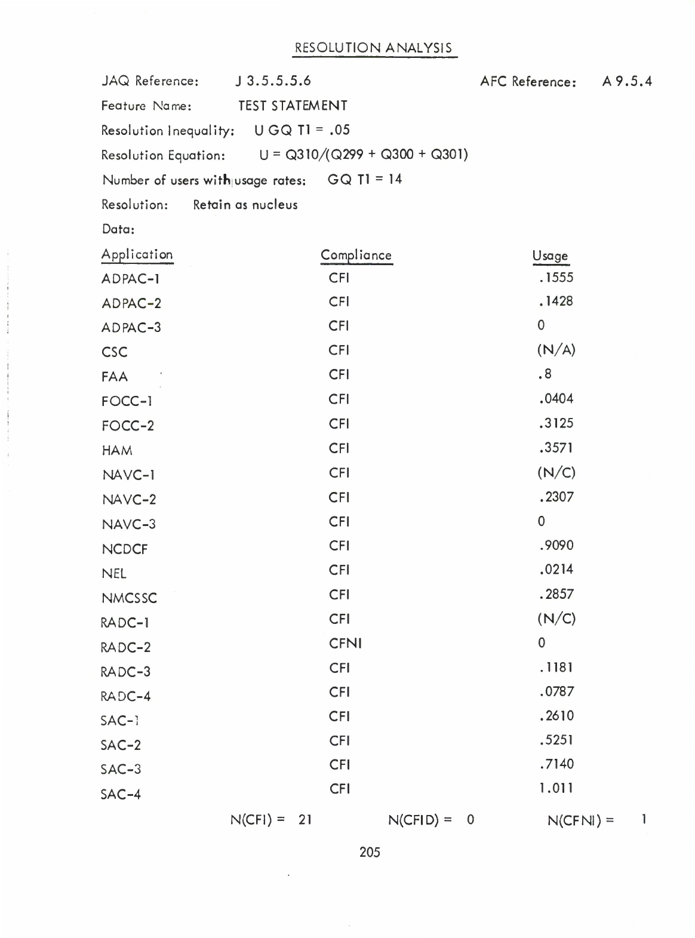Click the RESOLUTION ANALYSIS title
(374, 48)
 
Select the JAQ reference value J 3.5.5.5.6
(273, 81)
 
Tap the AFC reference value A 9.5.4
(626, 81)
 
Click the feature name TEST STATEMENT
(293, 106)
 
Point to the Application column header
(137, 255)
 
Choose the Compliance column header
(356, 256)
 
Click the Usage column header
(550, 256)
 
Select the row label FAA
(115, 377)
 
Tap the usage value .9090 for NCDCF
(555, 546)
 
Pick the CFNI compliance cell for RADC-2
(345, 643)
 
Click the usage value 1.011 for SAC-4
(555, 788)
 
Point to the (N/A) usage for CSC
(556, 350)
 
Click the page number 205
(370, 852)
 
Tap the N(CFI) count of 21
(305, 820)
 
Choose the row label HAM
(117, 450)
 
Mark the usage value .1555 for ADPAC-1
(555, 277)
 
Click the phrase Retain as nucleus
(245, 205)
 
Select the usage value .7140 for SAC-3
(555, 764)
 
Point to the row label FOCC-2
(128, 426)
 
